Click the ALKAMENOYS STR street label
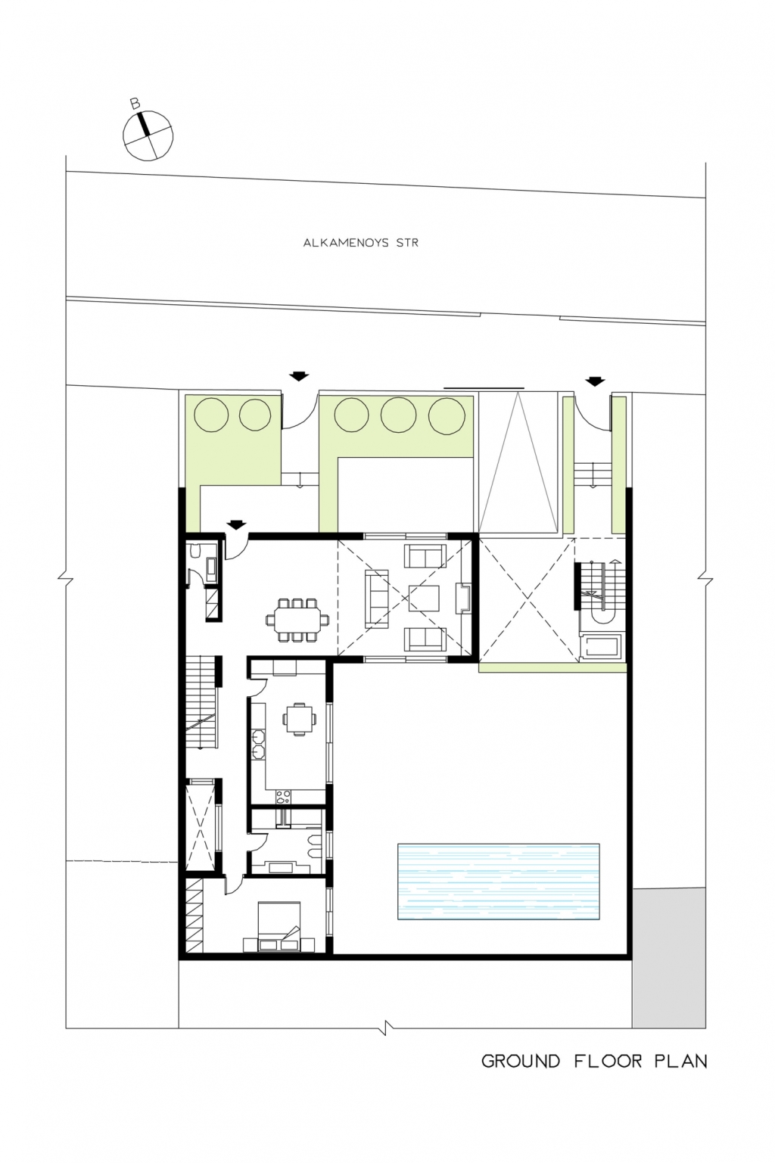[x=360, y=242]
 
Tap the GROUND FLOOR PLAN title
[x=594, y=1062]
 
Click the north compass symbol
[x=148, y=135]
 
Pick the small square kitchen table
[x=299, y=719]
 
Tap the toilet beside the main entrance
[x=195, y=552]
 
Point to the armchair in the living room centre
[x=425, y=598]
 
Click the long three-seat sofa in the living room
[x=377, y=599]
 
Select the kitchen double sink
[x=258, y=743]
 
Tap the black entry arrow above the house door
[x=236, y=525]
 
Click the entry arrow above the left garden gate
[x=299, y=376]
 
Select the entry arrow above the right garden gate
[x=596, y=381]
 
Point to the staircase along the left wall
[x=201, y=702]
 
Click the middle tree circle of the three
[x=398, y=415]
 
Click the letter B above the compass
[x=135, y=104]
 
